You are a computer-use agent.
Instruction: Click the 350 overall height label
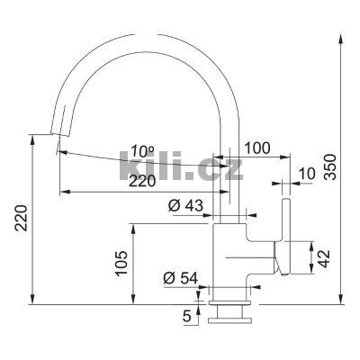[x=329, y=166]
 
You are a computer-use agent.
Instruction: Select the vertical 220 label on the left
[x=22, y=218]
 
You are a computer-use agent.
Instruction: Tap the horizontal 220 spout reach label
[x=142, y=181]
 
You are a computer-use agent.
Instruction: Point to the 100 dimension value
[x=257, y=148]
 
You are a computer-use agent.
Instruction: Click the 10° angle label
[x=142, y=151]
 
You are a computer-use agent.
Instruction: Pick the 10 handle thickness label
[x=308, y=174]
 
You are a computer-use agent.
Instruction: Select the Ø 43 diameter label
[x=185, y=206]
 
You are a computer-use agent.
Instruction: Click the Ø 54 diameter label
[x=181, y=278]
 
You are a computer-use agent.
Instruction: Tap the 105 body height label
[x=121, y=263]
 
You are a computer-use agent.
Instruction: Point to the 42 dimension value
[x=324, y=258]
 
